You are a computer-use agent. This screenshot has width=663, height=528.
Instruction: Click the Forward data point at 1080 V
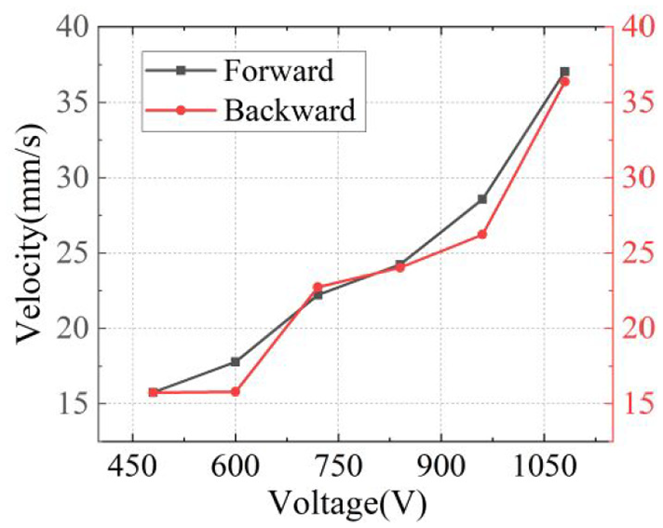tap(564, 72)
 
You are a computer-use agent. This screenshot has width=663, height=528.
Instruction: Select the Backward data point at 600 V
tap(235, 392)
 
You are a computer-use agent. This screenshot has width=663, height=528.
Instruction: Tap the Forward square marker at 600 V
tap(235, 362)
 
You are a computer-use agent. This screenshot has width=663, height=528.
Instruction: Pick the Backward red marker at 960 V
tap(482, 235)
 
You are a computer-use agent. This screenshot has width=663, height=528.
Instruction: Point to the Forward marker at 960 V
tap(482, 199)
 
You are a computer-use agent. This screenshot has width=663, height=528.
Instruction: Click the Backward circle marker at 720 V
tap(318, 288)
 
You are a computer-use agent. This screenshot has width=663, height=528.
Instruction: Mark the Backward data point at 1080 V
tap(564, 82)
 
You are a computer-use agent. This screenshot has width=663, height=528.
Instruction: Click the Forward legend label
tap(278, 71)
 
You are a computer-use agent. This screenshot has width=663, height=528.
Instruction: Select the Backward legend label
tap(290, 110)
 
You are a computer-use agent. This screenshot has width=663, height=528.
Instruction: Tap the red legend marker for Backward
tap(181, 110)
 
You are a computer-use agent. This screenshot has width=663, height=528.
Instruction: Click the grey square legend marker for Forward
tap(181, 71)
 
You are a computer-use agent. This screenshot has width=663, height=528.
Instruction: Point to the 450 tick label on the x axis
tap(132, 468)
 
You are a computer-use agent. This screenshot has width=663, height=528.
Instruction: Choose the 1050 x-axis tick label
tap(543, 468)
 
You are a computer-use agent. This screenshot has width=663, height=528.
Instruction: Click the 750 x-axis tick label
tap(338, 468)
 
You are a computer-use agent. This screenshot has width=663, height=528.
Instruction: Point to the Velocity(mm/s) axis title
tap(31, 234)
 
